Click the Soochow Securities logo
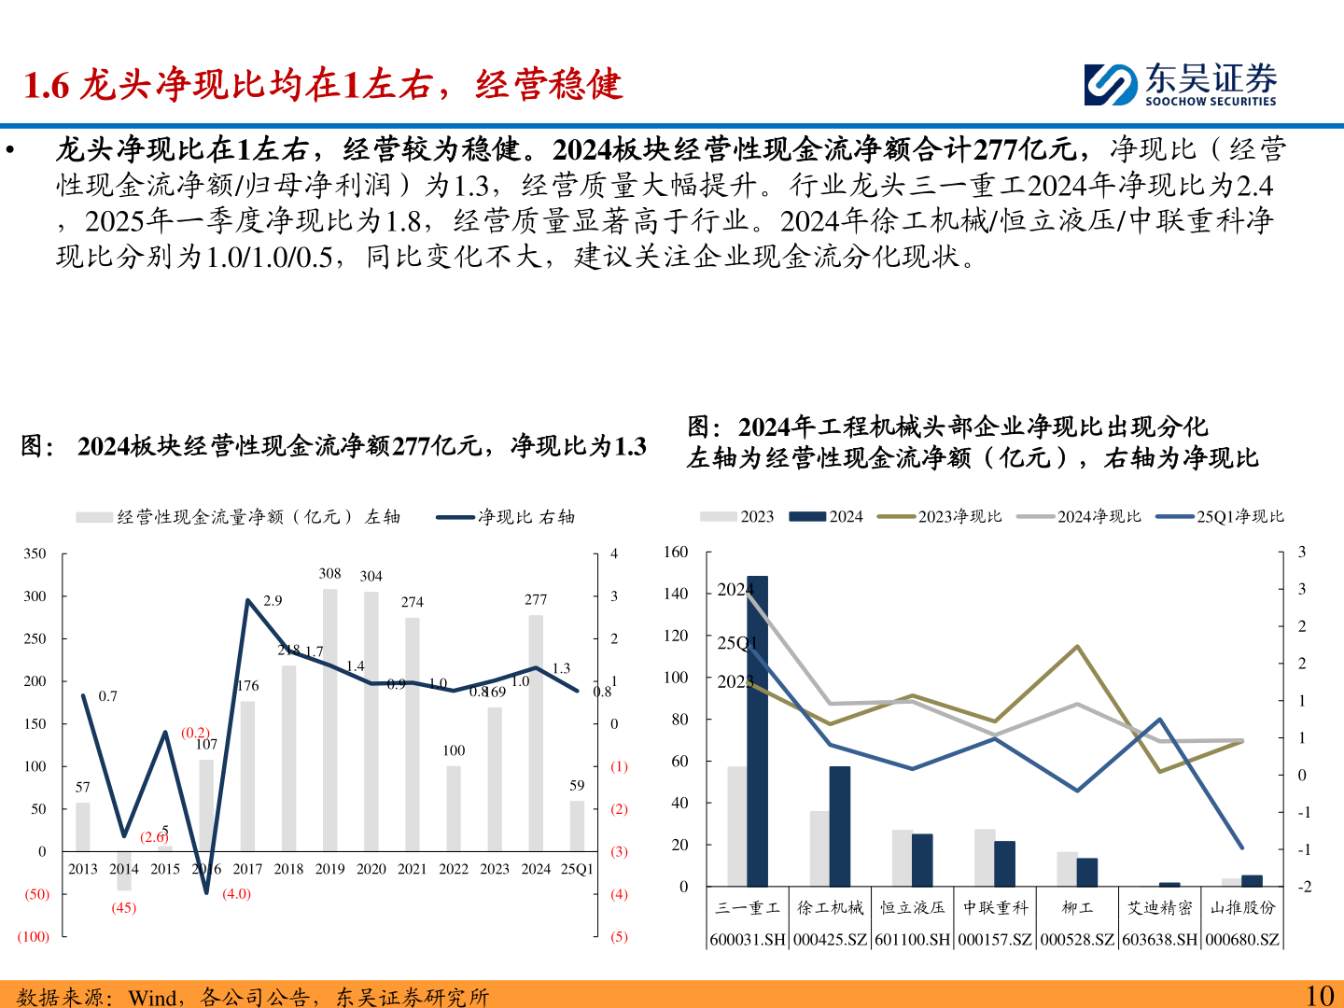pyautogui.click(x=1180, y=84)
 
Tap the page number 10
pyautogui.click(x=1319, y=996)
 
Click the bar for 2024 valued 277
pyautogui.click(x=536, y=733)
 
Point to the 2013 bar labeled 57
pyautogui.click(x=83, y=826)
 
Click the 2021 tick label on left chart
pyautogui.click(x=413, y=869)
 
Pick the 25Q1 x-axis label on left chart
pyautogui.click(x=577, y=869)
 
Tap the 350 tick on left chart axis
pyautogui.click(x=35, y=553)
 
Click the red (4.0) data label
pyautogui.click(x=236, y=893)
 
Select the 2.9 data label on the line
pyautogui.click(x=273, y=600)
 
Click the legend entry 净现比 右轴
pyautogui.click(x=506, y=517)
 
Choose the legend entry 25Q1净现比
pyautogui.click(x=1220, y=516)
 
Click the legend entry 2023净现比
pyautogui.click(x=942, y=516)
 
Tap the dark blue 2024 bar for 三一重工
pyautogui.click(x=758, y=731)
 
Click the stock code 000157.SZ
pyautogui.click(x=995, y=939)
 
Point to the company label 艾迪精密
pyautogui.click(x=1160, y=907)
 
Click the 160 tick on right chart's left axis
pyautogui.click(x=676, y=552)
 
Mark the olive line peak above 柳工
pyautogui.click(x=1078, y=646)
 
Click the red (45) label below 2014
pyautogui.click(x=124, y=907)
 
